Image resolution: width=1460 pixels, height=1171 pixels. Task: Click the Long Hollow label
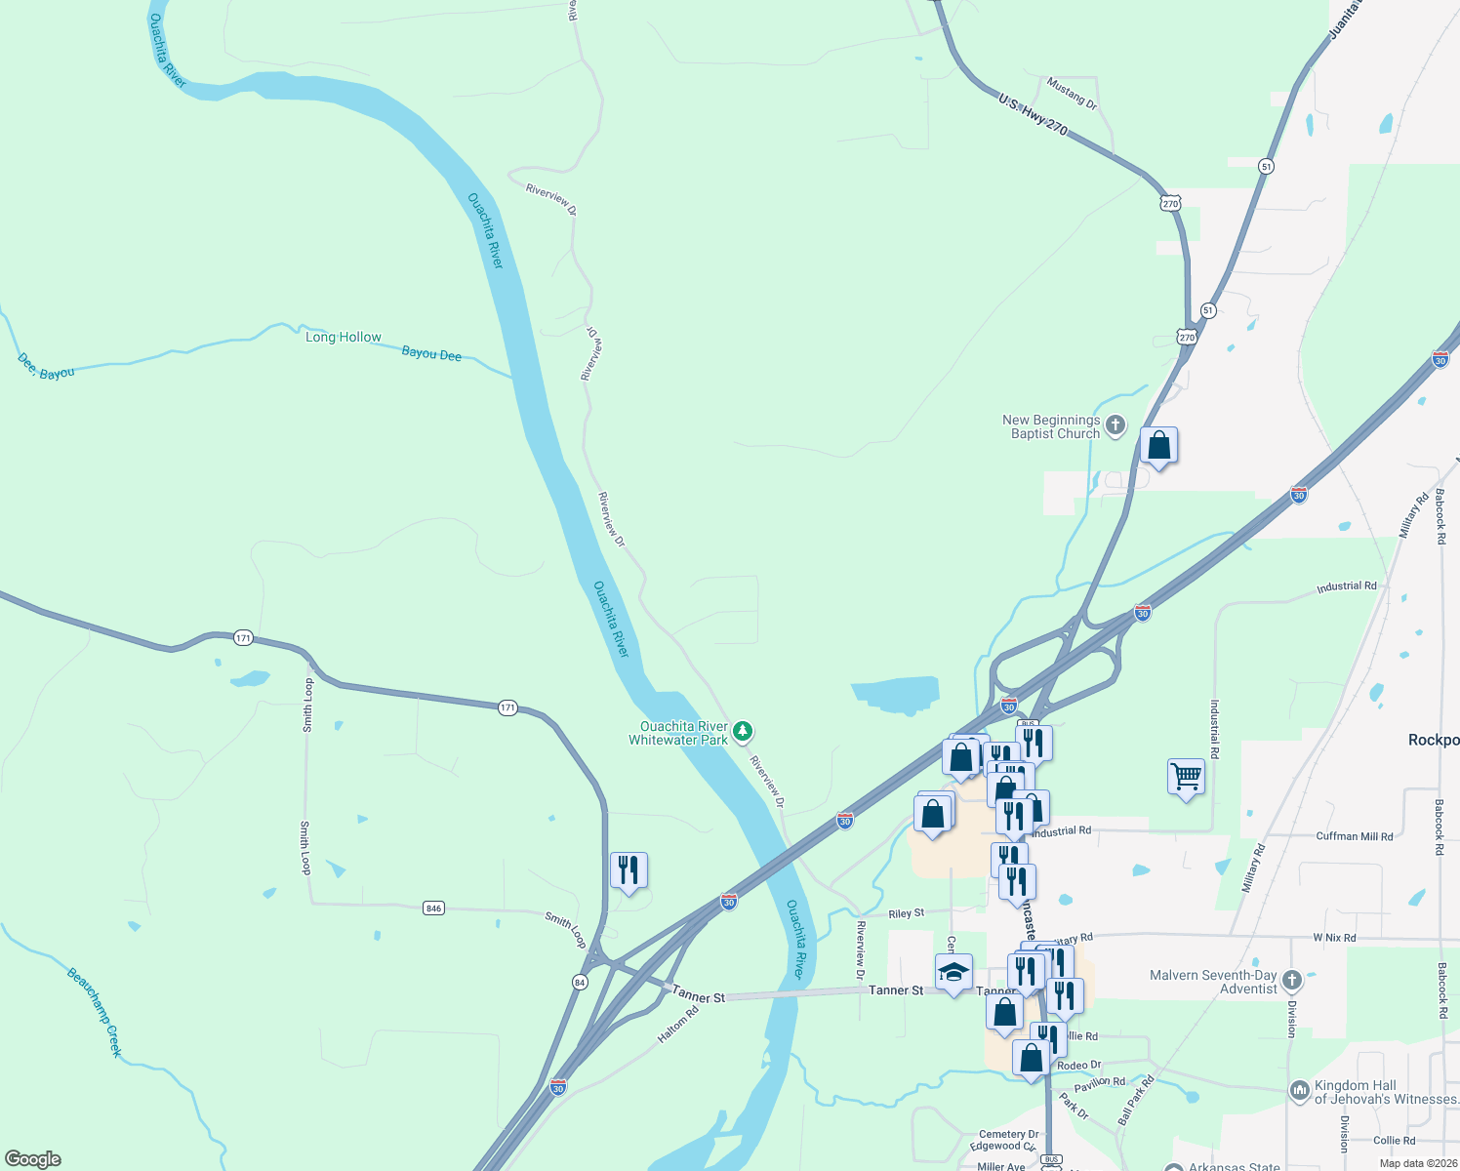click(x=344, y=337)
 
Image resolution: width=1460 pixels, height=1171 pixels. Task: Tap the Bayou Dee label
click(x=431, y=354)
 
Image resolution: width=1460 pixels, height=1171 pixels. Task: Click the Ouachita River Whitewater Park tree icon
click(x=743, y=731)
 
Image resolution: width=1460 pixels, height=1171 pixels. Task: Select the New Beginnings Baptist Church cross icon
click(x=1115, y=426)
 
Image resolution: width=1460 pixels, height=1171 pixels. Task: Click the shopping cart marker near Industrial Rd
click(x=1186, y=778)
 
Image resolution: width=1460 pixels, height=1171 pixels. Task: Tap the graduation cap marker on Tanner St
click(x=953, y=973)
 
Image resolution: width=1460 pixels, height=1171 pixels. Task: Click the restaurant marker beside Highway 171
click(x=629, y=870)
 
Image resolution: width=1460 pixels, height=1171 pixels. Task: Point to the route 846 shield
click(x=434, y=909)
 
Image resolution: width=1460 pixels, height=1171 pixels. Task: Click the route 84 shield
click(x=580, y=982)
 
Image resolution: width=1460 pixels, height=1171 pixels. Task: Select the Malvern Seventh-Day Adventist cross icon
click(x=1292, y=980)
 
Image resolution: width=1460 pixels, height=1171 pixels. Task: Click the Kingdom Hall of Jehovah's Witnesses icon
click(x=1299, y=1091)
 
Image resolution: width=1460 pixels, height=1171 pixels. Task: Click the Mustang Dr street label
click(x=1072, y=94)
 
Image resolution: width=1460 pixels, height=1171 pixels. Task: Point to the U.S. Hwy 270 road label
click(x=1033, y=114)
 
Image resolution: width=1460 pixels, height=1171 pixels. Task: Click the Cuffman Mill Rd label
click(x=1355, y=836)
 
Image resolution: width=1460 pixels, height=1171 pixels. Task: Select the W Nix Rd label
click(x=1334, y=938)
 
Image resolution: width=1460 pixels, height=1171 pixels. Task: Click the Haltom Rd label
click(x=678, y=1025)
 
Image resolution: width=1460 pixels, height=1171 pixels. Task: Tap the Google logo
click(x=33, y=1159)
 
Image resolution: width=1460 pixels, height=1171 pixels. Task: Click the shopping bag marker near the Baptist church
click(x=1158, y=446)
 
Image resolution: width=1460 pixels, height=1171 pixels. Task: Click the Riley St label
click(x=907, y=913)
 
